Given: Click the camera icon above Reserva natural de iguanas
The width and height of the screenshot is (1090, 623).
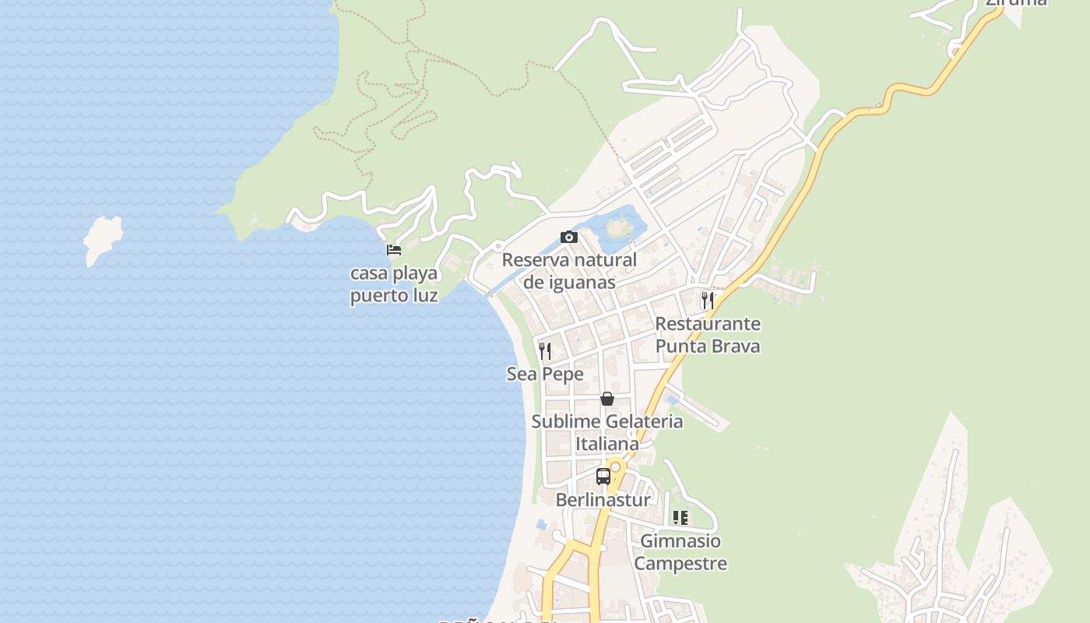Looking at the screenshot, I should pyautogui.click(x=569, y=238).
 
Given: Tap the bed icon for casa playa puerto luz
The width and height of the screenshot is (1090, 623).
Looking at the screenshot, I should pyautogui.click(x=394, y=250).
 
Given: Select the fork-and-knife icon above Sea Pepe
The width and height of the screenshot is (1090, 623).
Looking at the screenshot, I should pyautogui.click(x=545, y=351).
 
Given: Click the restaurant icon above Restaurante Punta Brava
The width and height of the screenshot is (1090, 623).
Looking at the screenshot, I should pyautogui.click(x=707, y=300).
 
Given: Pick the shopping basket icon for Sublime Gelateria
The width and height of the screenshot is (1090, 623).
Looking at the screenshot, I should pyautogui.click(x=607, y=399).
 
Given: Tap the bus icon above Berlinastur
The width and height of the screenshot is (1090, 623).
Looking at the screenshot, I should pyautogui.click(x=603, y=477).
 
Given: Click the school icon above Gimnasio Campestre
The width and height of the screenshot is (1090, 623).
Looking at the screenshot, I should pyautogui.click(x=680, y=518).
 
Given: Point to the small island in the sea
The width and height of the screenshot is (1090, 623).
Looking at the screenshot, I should pyautogui.click(x=104, y=239).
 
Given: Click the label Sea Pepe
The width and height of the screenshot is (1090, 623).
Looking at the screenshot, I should pyautogui.click(x=545, y=375).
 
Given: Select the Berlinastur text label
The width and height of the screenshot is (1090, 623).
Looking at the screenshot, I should pyautogui.click(x=603, y=500).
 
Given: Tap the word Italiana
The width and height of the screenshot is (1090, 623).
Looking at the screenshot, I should pyautogui.click(x=607, y=444).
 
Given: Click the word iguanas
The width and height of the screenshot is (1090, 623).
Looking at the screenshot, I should pyautogui.click(x=569, y=282).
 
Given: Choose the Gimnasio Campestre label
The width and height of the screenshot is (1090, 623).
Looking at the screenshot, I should pyautogui.click(x=680, y=552).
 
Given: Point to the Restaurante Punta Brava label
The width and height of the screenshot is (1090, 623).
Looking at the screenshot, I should pyautogui.click(x=707, y=335).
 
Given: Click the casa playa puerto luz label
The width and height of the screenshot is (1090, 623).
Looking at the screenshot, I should pyautogui.click(x=394, y=285).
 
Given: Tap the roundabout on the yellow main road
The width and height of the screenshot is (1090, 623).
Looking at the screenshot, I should pyautogui.click(x=616, y=467).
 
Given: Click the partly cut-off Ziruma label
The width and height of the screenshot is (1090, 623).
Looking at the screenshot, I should pyautogui.click(x=1016, y=3).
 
